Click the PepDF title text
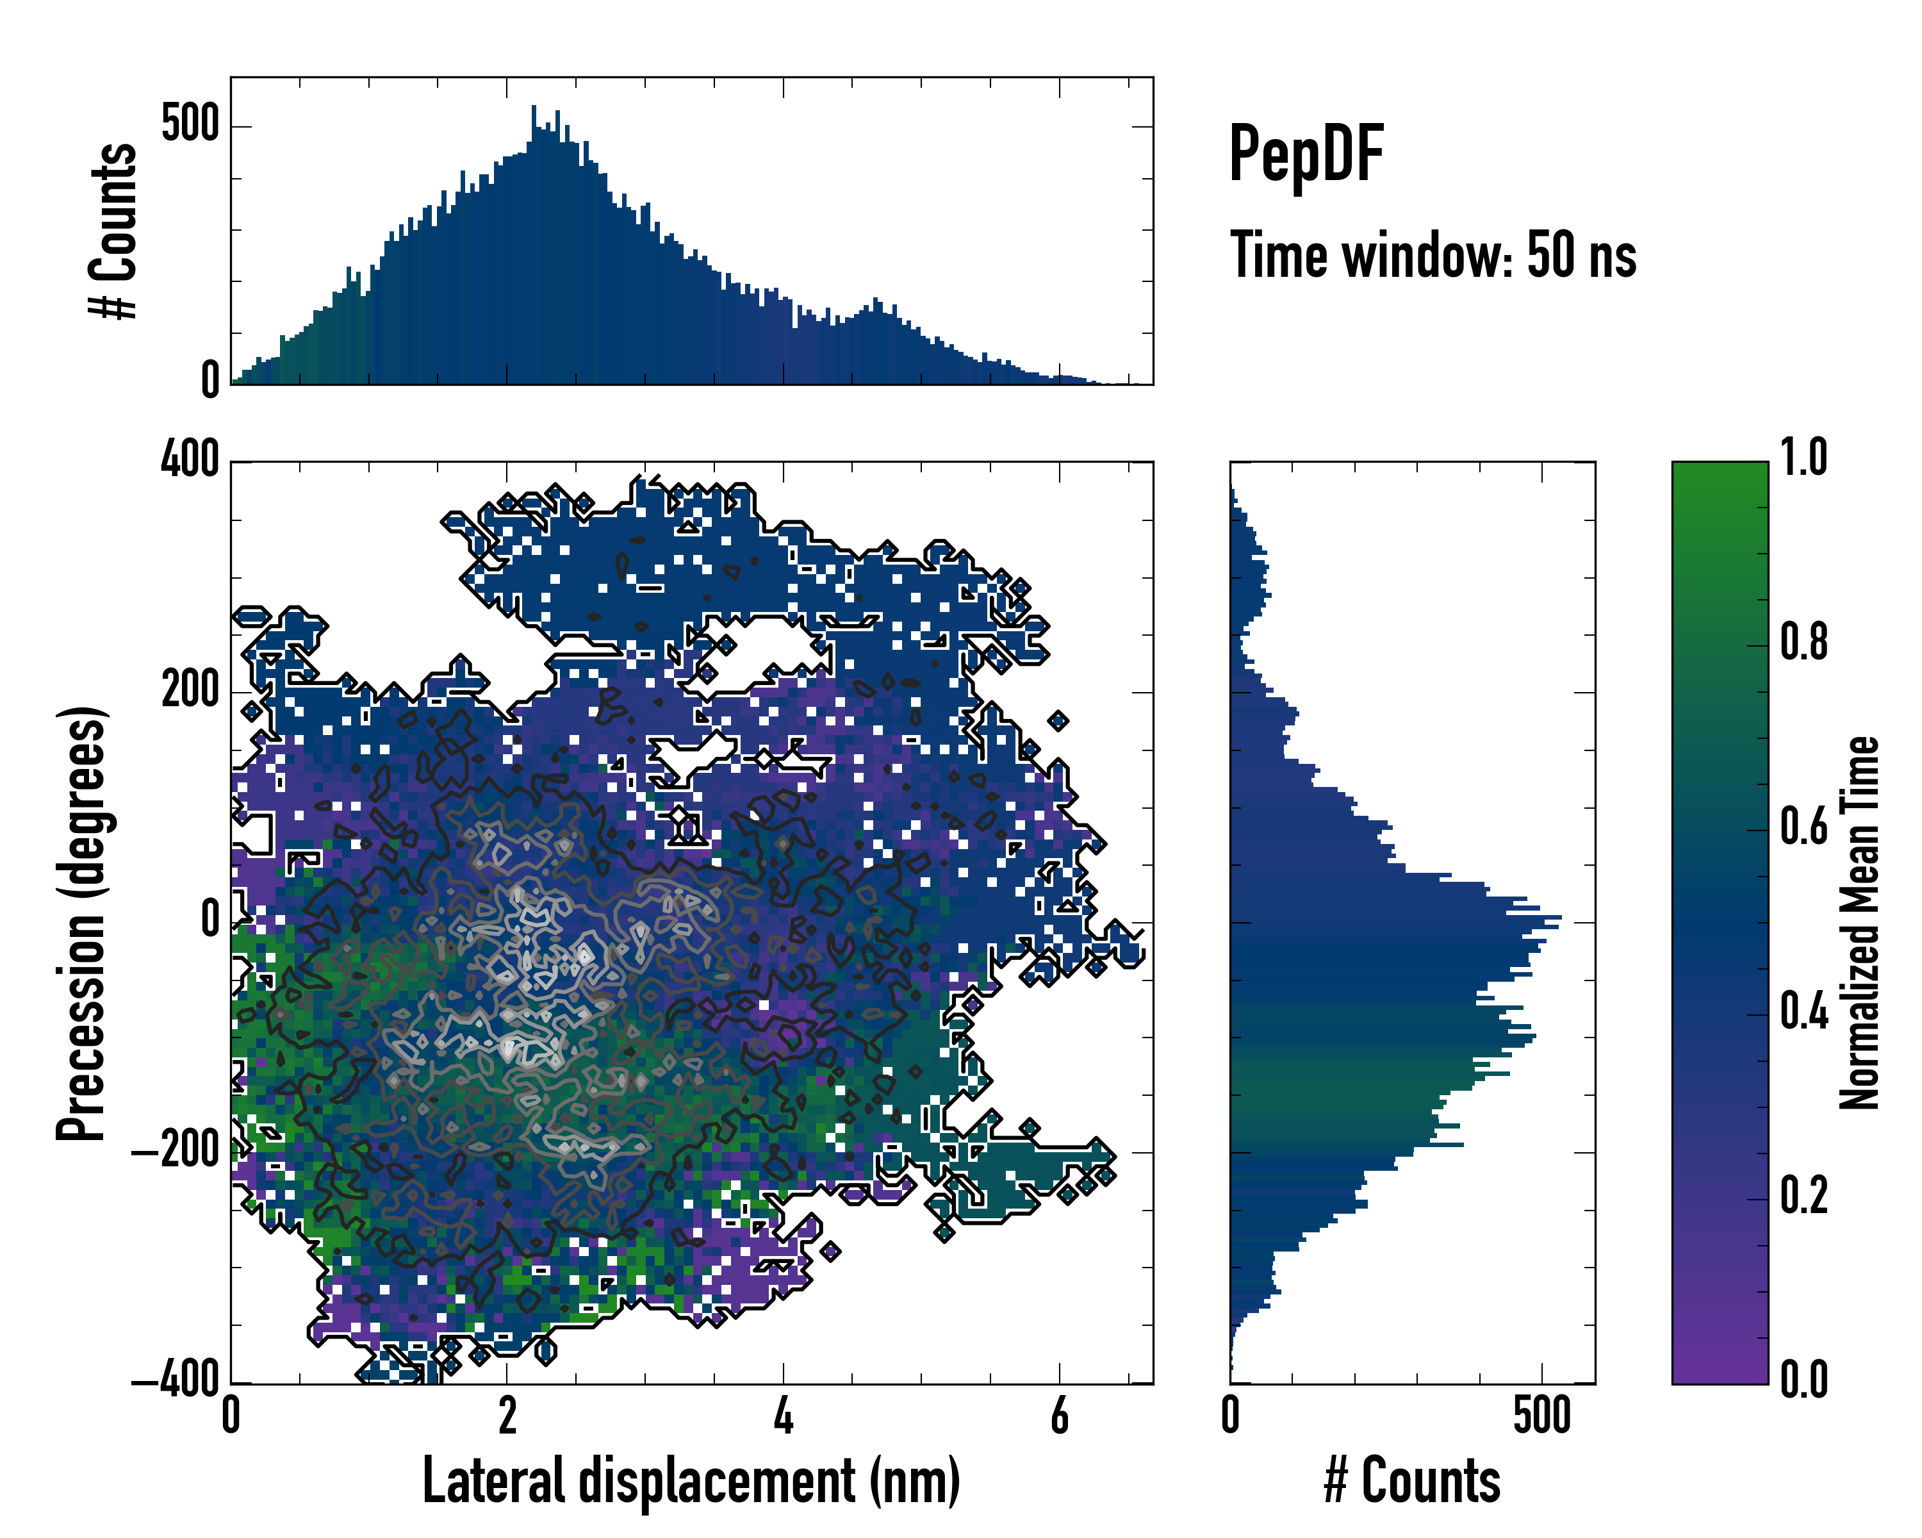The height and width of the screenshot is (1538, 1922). (1305, 153)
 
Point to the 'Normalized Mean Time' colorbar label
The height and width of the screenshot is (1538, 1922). (1860, 923)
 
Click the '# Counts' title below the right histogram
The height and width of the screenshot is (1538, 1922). (1412, 1481)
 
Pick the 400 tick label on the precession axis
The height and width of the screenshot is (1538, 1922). (189, 460)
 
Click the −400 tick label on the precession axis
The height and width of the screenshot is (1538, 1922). (176, 1381)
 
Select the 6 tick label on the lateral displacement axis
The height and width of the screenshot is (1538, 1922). (1059, 1417)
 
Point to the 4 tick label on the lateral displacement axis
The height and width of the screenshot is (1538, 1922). (783, 1417)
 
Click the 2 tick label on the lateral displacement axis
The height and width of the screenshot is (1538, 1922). (506, 1417)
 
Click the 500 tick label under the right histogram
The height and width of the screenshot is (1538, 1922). (1541, 1417)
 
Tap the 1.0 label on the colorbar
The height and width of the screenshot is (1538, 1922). (1803, 458)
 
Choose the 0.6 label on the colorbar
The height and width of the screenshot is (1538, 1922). (1803, 827)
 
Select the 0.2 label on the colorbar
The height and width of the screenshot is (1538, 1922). (1803, 1196)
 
